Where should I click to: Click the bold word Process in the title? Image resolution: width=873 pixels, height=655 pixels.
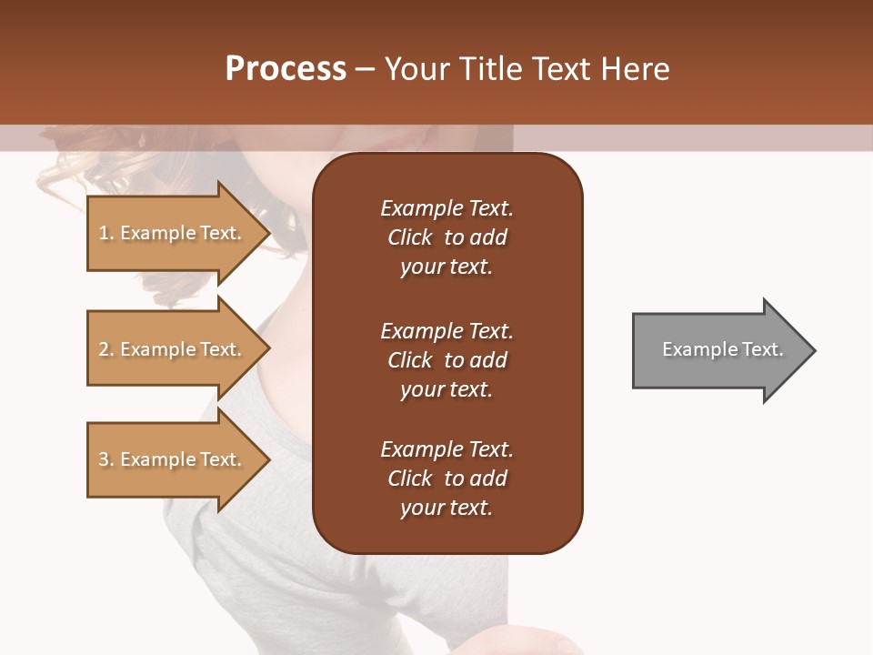pyautogui.click(x=286, y=69)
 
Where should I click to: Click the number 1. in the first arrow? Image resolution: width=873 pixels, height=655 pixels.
pyautogui.click(x=106, y=233)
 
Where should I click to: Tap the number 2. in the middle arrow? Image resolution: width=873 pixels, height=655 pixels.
pyautogui.click(x=106, y=349)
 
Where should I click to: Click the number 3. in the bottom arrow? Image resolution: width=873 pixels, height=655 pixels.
pyautogui.click(x=106, y=459)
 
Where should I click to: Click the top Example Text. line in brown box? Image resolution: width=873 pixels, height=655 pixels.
pyautogui.click(x=447, y=208)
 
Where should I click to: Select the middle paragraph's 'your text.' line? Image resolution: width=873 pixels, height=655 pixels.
pyautogui.click(x=447, y=389)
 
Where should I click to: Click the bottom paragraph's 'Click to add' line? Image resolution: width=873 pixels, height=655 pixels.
pyautogui.click(x=447, y=479)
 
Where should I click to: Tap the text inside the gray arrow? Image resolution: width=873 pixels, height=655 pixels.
pyautogui.click(x=723, y=349)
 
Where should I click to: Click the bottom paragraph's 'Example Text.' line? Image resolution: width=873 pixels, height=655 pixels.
pyautogui.click(x=447, y=449)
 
